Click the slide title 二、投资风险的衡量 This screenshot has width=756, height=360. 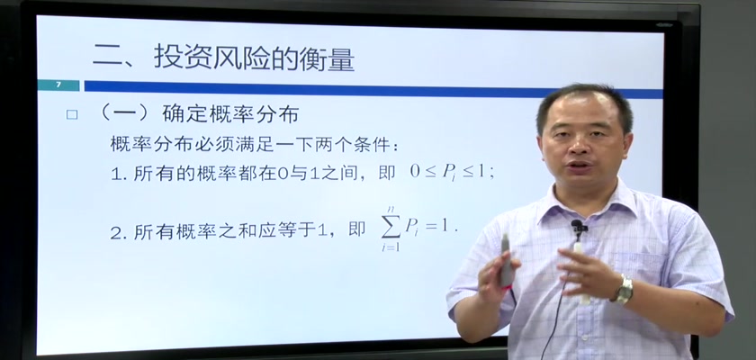tap(224, 58)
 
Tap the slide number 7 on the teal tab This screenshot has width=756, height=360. tap(58, 85)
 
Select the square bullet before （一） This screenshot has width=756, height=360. tap(72, 114)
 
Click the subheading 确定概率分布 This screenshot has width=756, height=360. tap(230, 114)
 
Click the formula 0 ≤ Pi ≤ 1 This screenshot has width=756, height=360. tap(452, 173)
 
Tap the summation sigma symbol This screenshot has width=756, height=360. tap(391, 227)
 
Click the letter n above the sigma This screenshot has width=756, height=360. tap(391, 209)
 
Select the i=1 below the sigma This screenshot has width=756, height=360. tap(391, 247)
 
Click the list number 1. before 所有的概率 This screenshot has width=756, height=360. tap(117, 174)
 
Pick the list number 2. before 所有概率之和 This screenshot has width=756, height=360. tap(117, 233)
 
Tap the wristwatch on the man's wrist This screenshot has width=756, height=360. tap(624, 289)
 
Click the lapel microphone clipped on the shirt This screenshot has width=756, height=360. tap(578, 227)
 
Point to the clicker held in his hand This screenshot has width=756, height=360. tap(506, 261)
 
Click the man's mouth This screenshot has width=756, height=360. tap(580, 166)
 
